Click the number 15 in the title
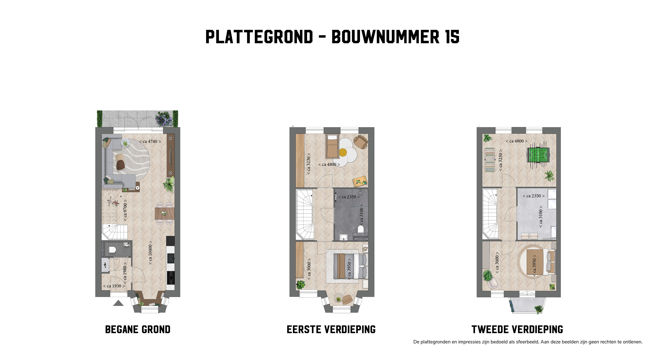coord(452,37)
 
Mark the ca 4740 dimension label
coord(150,141)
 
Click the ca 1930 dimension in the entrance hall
coord(114,286)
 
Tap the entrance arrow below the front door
coord(118,303)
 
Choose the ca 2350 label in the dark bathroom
coord(349,197)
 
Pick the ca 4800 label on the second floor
coord(517,141)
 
